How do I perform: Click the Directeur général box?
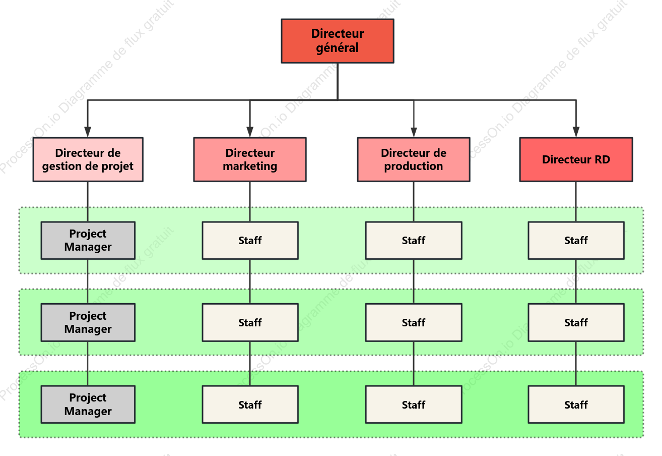coord(337,41)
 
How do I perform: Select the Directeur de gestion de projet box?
coord(88,159)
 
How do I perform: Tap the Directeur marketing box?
coord(250,159)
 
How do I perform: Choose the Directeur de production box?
coord(414,159)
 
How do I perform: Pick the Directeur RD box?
coord(576,159)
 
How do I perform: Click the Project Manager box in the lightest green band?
coord(88,240)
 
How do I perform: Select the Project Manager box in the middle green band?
coord(88,322)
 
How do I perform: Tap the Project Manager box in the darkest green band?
coord(88,404)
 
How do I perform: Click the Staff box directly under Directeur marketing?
coord(250,240)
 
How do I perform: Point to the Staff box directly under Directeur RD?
coord(576,240)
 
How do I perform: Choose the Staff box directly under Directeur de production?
coord(414,240)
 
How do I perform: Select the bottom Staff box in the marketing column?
coord(250,404)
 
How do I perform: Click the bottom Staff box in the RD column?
coord(576,404)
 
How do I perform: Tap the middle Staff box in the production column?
coord(414,322)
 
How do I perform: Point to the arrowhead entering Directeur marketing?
coord(250,132)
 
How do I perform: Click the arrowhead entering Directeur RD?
coord(576,132)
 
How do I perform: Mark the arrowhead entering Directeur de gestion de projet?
coord(88,132)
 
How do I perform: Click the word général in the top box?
coord(337,48)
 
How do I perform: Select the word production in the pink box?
coord(414,166)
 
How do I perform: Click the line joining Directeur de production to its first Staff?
coord(414,201)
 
